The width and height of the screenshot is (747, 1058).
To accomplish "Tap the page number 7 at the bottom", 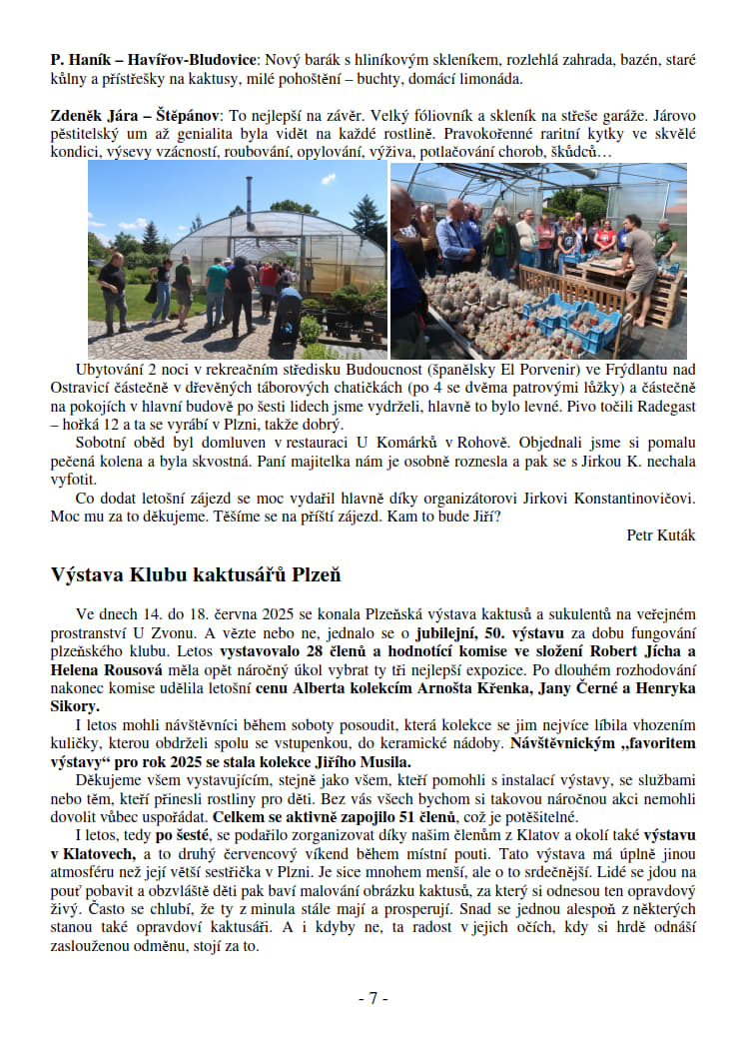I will [373, 998].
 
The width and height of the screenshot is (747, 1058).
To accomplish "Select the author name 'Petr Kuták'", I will [661, 534].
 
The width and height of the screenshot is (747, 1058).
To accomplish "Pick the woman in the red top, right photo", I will [605, 240].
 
